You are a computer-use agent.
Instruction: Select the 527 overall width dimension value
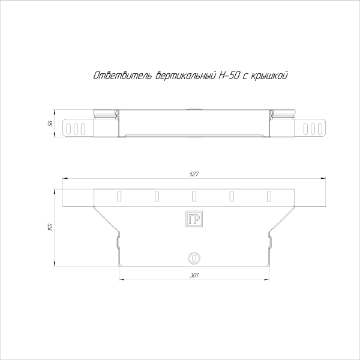[x=194, y=174]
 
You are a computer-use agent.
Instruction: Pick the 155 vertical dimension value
[x=51, y=227]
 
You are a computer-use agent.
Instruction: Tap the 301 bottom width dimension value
[x=194, y=275]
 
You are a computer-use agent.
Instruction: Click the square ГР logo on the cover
[x=194, y=220]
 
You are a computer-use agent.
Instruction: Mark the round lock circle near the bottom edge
[x=194, y=258]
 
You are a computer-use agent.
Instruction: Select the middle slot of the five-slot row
[x=194, y=196]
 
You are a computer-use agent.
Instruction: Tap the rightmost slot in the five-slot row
[x=268, y=196]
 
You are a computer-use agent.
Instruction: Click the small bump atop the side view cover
[x=194, y=109]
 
